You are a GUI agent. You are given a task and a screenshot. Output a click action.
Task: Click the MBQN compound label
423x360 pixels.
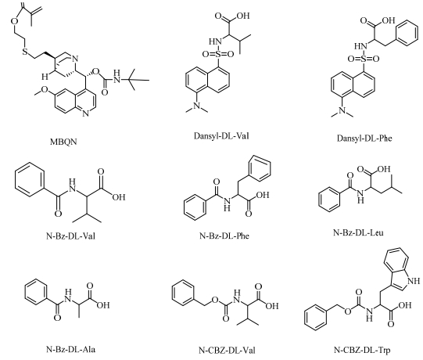(63, 142)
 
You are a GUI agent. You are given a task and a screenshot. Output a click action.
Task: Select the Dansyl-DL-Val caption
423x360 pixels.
(221, 135)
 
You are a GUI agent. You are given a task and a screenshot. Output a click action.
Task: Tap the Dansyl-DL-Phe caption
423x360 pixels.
(364, 139)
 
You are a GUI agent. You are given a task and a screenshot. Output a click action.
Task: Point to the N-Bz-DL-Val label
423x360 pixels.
(70, 236)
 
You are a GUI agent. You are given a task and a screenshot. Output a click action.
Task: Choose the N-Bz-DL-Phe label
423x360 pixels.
(224, 236)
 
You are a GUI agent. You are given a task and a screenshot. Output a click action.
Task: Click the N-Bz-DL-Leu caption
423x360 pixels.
(358, 232)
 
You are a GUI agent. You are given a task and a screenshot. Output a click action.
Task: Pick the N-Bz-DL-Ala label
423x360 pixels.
(70, 349)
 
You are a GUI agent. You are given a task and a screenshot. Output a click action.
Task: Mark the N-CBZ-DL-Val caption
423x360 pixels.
(227, 351)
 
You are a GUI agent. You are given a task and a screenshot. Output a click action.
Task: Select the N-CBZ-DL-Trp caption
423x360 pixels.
(362, 351)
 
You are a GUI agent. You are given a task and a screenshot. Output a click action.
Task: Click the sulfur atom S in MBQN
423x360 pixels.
(25, 51)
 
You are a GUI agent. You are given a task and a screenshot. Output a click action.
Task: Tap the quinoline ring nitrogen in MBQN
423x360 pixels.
(85, 113)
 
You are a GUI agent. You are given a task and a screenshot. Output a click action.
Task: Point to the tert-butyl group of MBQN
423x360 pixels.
(135, 79)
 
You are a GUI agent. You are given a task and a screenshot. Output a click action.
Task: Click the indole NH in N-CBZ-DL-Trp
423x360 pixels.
(413, 281)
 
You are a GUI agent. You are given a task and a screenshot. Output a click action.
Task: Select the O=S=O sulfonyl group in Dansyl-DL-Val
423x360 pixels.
(218, 54)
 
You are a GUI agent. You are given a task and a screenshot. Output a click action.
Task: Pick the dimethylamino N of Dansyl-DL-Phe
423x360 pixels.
(342, 110)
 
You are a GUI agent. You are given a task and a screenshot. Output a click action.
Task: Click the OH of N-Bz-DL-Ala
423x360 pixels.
(103, 305)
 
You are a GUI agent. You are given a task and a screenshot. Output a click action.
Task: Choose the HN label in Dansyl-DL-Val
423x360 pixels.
(215, 41)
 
